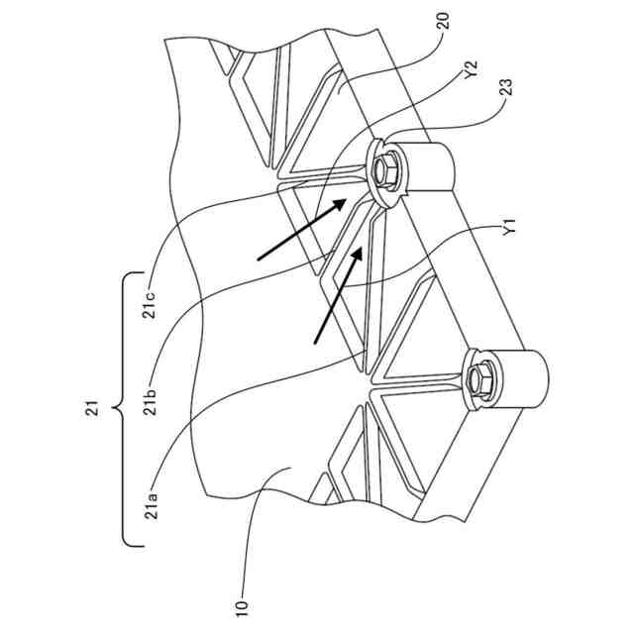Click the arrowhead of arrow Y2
click(347, 198)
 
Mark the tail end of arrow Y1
click(315, 344)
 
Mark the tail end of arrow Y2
click(258, 261)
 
